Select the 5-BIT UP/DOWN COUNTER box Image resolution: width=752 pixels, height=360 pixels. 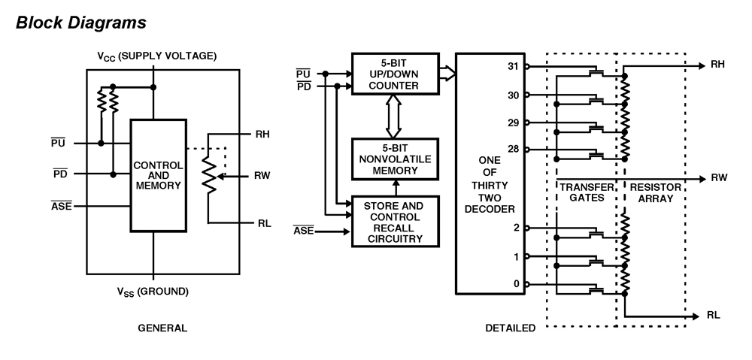395,74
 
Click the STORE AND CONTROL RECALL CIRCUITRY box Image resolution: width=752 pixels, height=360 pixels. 395,222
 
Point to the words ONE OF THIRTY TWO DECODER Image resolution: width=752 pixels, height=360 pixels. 490,185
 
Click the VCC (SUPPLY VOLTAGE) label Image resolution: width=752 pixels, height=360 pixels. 157,56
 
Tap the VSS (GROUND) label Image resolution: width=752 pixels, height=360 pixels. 153,291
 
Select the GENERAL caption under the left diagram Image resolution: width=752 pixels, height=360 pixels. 162,328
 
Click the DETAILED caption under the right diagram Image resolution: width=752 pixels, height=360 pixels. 511,328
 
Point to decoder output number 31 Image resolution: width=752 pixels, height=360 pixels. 514,66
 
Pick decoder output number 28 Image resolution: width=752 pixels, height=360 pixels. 514,149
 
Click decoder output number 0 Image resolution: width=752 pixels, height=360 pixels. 516,284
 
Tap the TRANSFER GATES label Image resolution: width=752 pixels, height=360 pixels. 581,192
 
